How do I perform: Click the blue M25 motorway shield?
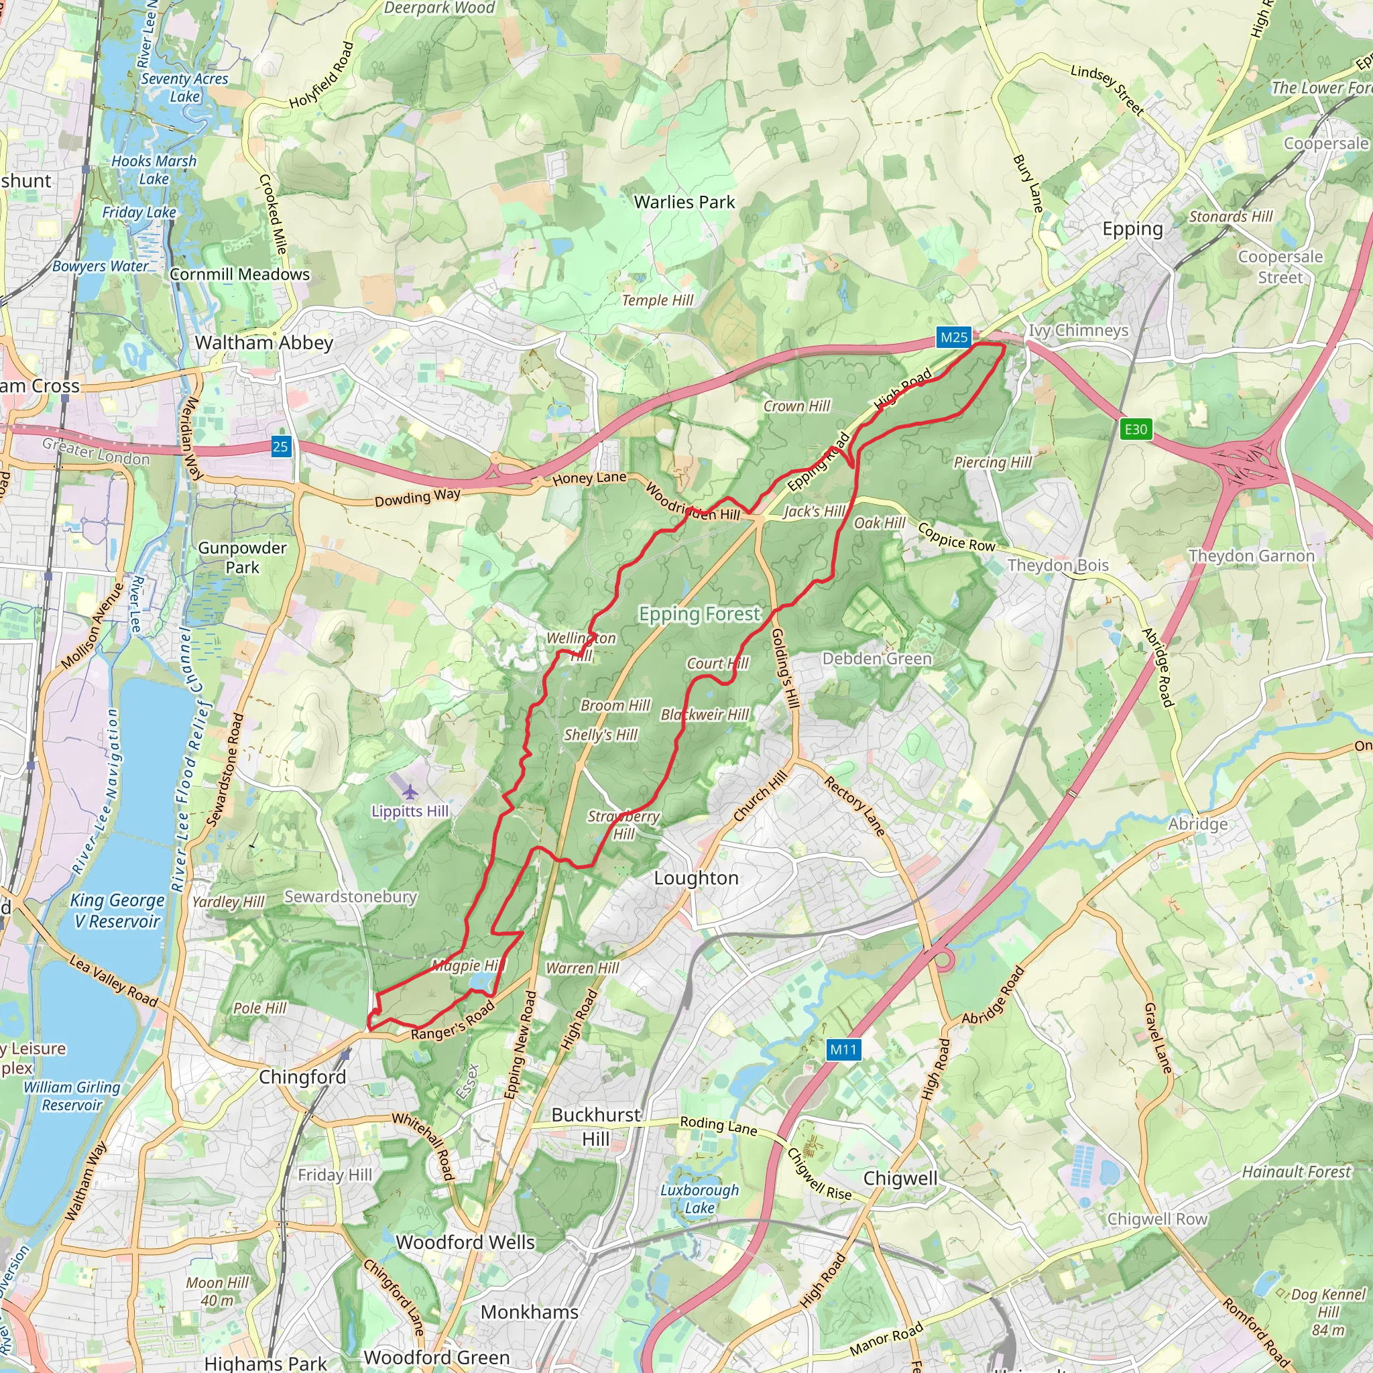(x=954, y=338)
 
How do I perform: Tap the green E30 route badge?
(x=1135, y=428)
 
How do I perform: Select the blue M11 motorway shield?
(x=843, y=1049)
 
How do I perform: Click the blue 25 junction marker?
(x=281, y=446)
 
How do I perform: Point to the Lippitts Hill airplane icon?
(x=410, y=791)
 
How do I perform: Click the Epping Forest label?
(x=699, y=613)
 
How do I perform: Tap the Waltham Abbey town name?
(x=263, y=343)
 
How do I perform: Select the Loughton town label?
(x=696, y=878)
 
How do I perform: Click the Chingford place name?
(x=302, y=1077)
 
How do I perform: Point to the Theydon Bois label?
(x=1057, y=565)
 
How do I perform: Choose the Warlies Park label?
(x=684, y=202)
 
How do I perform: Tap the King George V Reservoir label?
(x=117, y=910)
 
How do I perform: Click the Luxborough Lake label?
(x=699, y=1198)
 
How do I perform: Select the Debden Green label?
(x=877, y=658)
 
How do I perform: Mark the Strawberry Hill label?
(x=623, y=825)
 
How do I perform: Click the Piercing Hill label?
(x=992, y=462)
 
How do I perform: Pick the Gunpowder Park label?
(x=242, y=557)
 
